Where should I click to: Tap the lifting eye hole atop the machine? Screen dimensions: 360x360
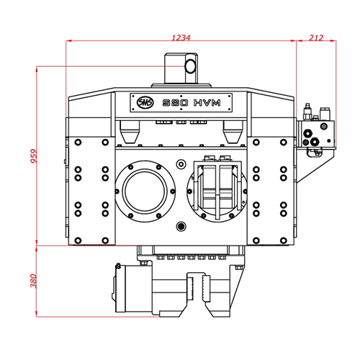(x=191, y=67)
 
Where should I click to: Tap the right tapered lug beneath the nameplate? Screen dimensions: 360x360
(x=231, y=132)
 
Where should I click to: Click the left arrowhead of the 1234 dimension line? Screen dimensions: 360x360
(x=69, y=42)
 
